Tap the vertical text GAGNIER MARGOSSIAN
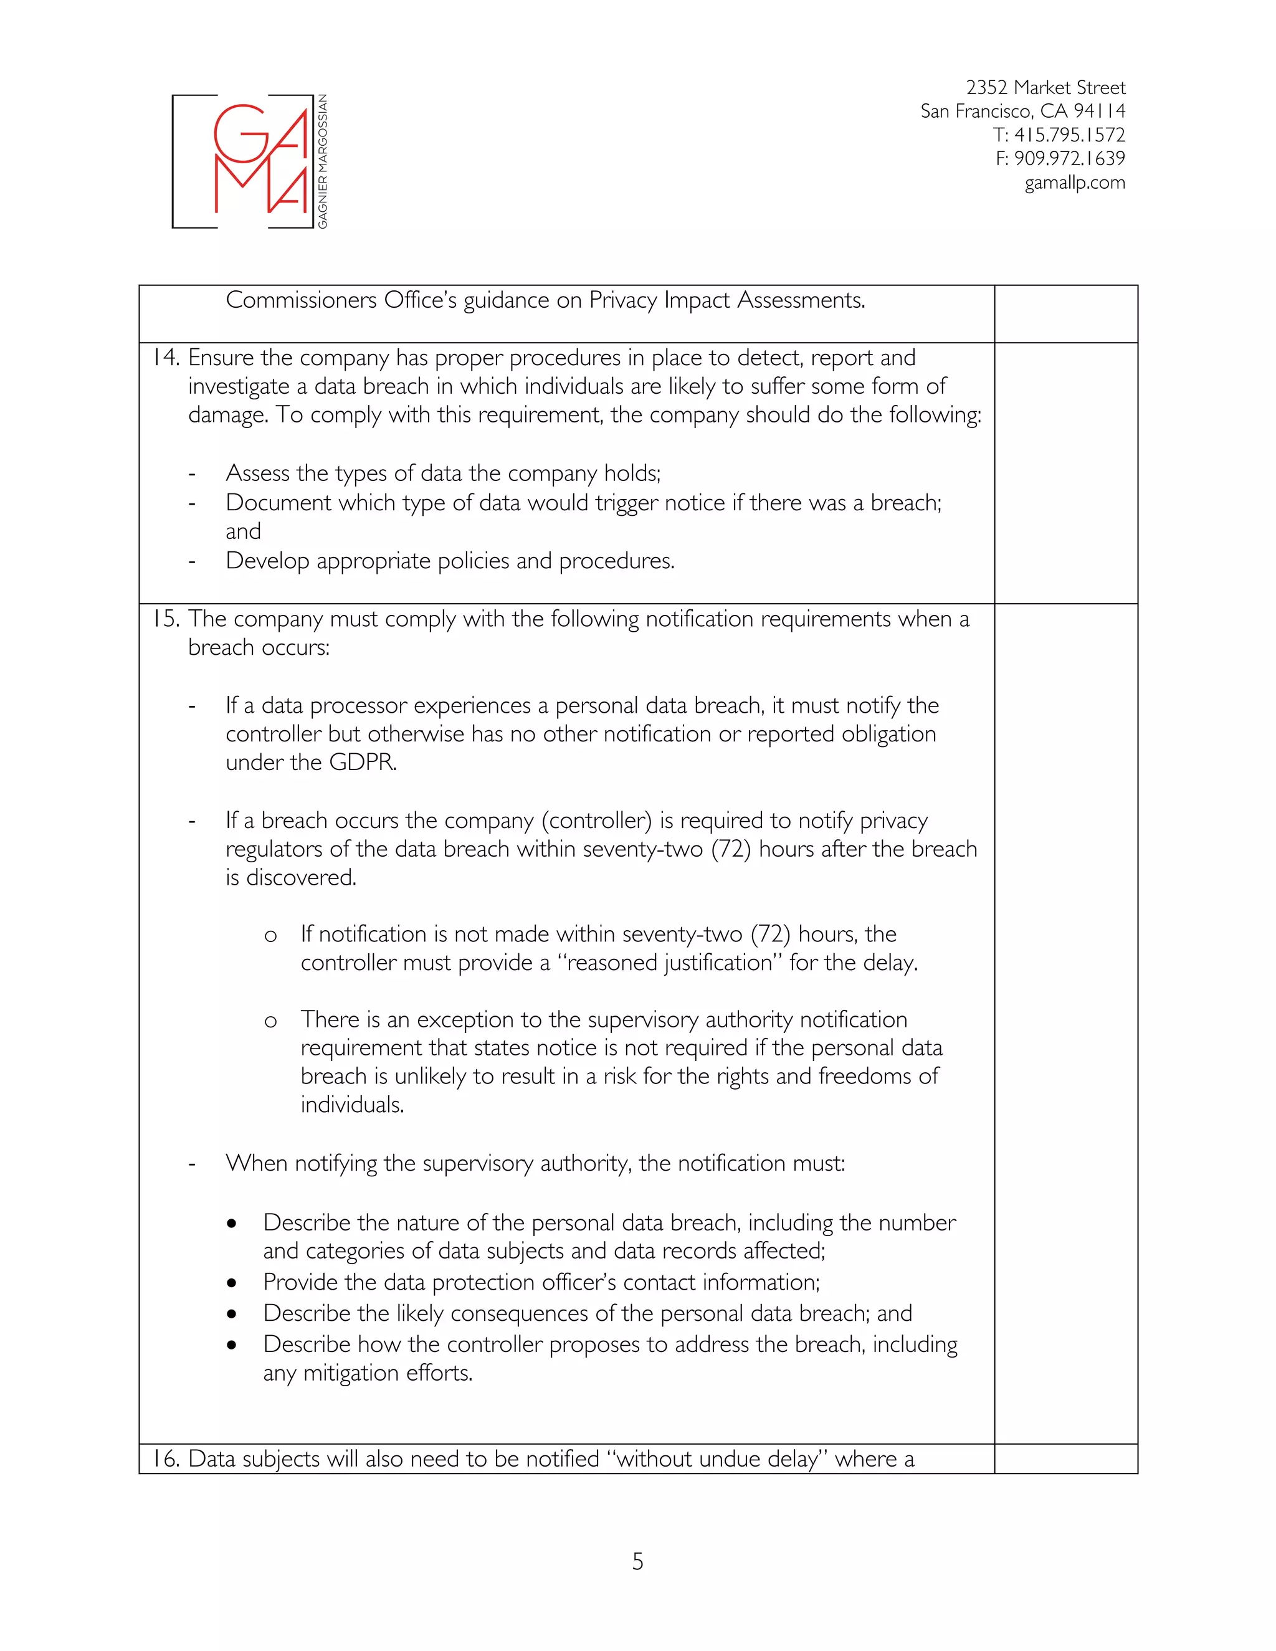(x=323, y=161)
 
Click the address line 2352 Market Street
(x=1045, y=88)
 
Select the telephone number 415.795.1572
(x=1069, y=135)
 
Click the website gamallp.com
(x=1074, y=183)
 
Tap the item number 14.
(x=164, y=358)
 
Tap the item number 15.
(x=164, y=619)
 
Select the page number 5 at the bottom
(x=637, y=1561)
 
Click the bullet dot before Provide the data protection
(x=231, y=1283)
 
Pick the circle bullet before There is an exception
(x=270, y=1022)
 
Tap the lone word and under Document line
(x=242, y=532)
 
